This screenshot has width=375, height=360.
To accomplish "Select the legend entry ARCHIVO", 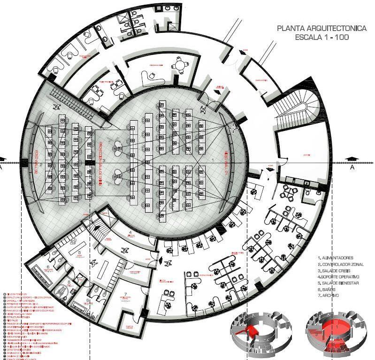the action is click(332, 297).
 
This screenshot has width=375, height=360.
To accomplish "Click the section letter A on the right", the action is click(352, 167).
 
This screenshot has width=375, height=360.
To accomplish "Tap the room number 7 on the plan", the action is click(125, 294).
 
